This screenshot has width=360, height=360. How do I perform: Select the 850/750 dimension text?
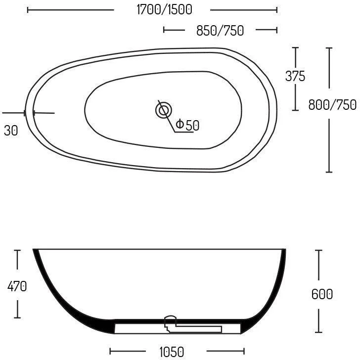[x=220, y=31]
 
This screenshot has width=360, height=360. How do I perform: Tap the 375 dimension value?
[x=295, y=76]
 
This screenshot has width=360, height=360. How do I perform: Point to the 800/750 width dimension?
[x=332, y=105]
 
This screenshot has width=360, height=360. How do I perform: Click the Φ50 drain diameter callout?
[x=187, y=126]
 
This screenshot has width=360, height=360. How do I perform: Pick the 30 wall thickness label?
[x=11, y=131]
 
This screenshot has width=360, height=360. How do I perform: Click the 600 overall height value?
[x=322, y=294]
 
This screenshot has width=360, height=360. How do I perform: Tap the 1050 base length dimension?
[x=172, y=352]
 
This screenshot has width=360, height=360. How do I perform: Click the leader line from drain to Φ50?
[x=171, y=124]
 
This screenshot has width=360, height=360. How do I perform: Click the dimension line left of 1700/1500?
[x=70, y=9]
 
